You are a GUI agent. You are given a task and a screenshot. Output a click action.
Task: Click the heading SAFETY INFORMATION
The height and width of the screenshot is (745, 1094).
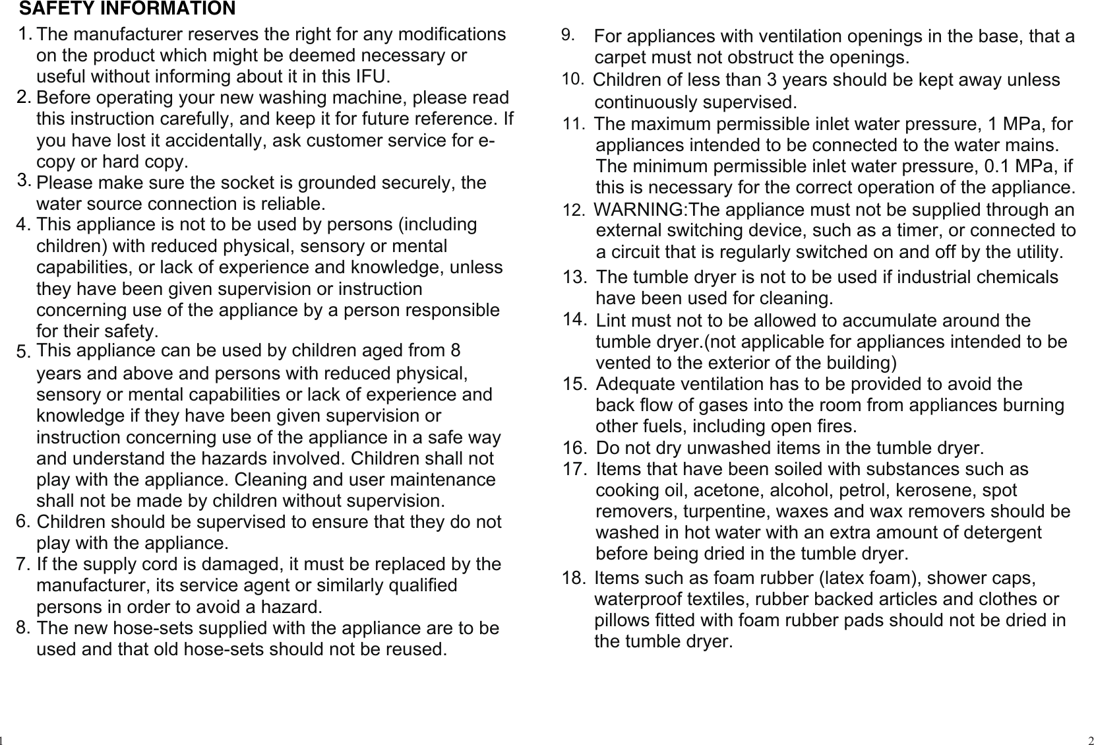[x=127, y=9]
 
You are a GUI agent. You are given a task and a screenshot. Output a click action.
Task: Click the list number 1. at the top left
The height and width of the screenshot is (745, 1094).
[x=26, y=33]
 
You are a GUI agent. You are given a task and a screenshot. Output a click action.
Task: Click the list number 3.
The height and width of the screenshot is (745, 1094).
[x=25, y=179]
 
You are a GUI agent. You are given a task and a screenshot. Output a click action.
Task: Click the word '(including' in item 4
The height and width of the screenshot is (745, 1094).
[x=438, y=224]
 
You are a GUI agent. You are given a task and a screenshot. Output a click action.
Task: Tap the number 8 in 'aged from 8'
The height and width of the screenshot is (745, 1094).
[x=455, y=350]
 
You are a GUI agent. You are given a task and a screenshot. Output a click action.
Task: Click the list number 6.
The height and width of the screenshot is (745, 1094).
[x=24, y=521]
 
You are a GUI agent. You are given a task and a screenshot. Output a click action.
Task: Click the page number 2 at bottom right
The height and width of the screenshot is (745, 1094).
[x=1090, y=739]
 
